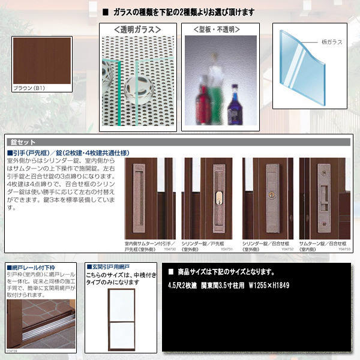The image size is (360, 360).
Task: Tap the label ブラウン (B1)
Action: click(x=29, y=88)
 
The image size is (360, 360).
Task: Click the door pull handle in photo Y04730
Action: click(x=140, y=192)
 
